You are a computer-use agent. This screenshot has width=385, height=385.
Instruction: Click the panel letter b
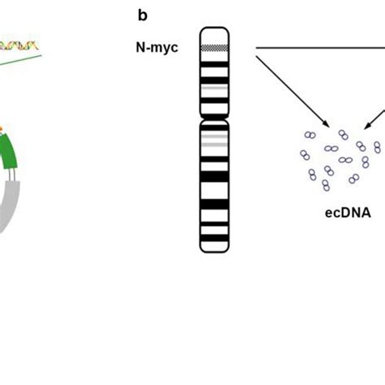[142, 14]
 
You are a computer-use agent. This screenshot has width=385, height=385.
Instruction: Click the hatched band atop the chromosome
[215, 48]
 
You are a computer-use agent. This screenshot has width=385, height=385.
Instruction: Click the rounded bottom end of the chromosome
[215, 248]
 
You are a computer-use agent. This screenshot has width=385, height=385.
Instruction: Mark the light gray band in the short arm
[215, 87]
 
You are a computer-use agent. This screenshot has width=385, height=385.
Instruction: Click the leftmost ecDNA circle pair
[305, 154]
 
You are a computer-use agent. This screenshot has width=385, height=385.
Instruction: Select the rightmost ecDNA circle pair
[377, 147]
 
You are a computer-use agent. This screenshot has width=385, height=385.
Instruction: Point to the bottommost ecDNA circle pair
[326, 185]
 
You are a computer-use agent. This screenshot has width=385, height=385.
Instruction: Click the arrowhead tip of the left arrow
[328, 126]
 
